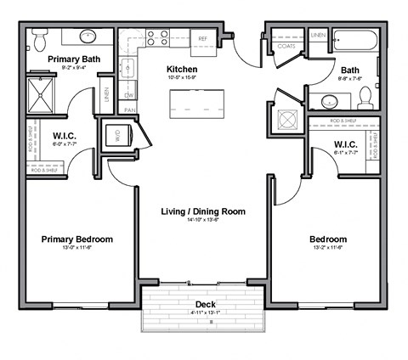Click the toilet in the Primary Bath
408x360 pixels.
coord(39,38)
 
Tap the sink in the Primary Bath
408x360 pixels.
coord(88,37)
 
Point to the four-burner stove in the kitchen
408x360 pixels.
coord(157,38)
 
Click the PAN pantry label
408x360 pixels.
coord(130,110)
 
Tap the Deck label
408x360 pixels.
coord(205,304)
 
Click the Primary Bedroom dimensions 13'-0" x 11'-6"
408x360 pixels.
coord(76,250)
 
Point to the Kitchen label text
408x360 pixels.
coord(183,69)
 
